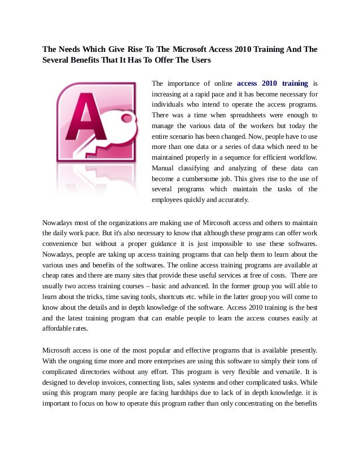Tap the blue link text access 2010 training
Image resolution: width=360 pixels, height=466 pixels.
tap(273, 83)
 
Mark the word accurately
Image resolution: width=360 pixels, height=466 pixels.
tap(236, 199)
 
